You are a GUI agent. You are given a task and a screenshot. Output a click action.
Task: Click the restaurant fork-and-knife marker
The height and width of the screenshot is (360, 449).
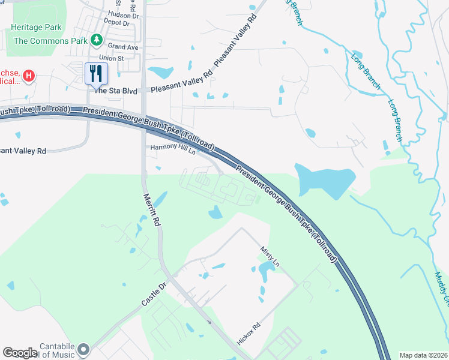pyautogui.click(x=96, y=74)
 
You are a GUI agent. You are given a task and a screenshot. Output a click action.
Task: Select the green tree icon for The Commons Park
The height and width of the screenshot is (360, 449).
pyautogui.click(x=96, y=40)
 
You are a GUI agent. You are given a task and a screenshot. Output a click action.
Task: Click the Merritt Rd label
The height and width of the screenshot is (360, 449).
pyautogui.click(x=152, y=209)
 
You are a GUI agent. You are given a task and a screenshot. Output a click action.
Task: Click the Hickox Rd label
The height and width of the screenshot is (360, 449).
pyautogui.click(x=249, y=334)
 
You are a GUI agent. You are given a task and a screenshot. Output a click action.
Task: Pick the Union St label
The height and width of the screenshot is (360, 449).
pyautogui.click(x=111, y=58)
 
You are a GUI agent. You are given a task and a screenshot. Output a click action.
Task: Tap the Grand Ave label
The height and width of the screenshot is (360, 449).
pyautogui.click(x=123, y=46)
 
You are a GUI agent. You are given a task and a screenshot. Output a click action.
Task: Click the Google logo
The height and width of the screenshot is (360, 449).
pyautogui.click(x=20, y=353)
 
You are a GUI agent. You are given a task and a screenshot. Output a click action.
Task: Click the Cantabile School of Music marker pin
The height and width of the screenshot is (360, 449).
pyautogui.click(x=83, y=349)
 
